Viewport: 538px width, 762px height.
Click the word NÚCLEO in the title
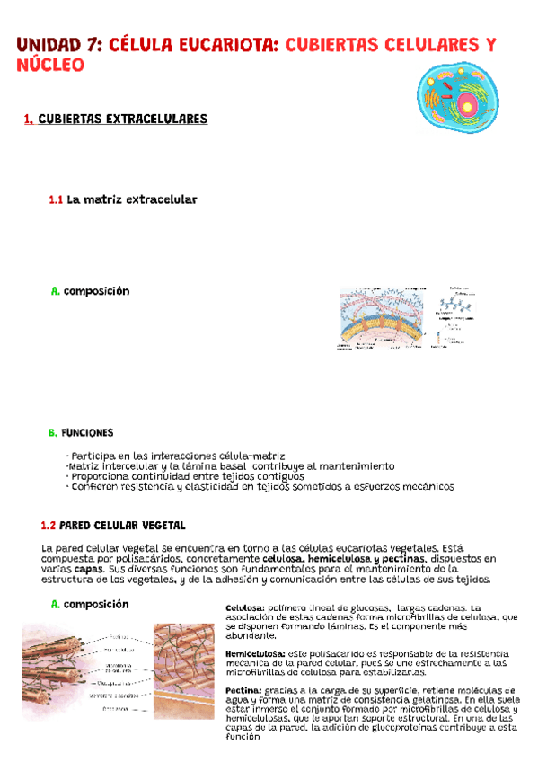pyautogui.click(x=51, y=66)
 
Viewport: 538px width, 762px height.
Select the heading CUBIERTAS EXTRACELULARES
pyautogui.click(x=123, y=119)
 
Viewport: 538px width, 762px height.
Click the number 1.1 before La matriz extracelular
pyautogui.click(x=56, y=199)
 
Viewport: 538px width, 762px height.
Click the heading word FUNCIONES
pyautogui.click(x=87, y=433)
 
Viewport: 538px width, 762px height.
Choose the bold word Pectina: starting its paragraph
pyautogui.click(x=243, y=690)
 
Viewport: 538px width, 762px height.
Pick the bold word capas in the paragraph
pyautogui.click(x=88, y=569)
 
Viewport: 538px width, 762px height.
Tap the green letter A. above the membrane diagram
pyautogui.click(x=55, y=291)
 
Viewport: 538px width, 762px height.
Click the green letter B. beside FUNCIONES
pyautogui.click(x=52, y=433)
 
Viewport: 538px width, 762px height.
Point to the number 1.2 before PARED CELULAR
pyautogui.click(x=49, y=525)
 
